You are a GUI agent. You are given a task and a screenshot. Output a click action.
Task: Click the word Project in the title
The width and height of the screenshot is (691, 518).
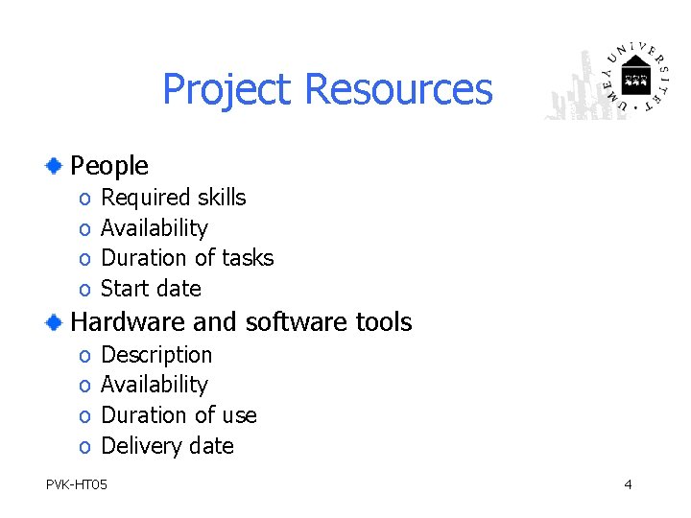click(226, 90)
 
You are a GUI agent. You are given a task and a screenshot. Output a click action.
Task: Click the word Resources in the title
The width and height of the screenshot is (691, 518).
click(397, 89)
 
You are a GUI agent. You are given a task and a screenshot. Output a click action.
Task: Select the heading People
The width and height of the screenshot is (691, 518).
click(109, 166)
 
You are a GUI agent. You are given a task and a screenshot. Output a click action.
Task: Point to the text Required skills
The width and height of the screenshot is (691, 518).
click(173, 198)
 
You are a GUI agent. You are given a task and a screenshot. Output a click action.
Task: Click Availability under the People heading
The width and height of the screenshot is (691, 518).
click(154, 228)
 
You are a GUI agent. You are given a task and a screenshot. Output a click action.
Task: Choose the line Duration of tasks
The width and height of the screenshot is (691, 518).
click(187, 258)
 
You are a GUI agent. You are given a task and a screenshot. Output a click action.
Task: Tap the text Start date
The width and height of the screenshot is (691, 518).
click(151, 288)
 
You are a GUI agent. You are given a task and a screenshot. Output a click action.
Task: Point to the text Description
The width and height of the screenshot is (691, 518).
click(156, 355)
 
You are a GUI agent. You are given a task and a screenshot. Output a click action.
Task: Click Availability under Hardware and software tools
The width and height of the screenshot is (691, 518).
click(154, 385)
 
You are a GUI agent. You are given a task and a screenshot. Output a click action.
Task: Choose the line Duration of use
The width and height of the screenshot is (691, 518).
click(179, 415)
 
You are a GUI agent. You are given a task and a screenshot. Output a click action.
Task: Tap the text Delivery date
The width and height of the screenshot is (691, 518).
click(167, 446)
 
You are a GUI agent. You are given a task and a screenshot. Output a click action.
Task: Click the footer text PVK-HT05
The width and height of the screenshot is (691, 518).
click(77, 484)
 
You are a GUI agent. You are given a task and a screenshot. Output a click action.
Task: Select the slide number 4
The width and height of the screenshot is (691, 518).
click(628, 484)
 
